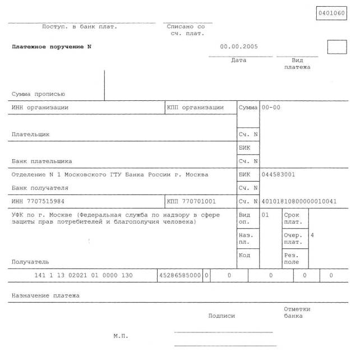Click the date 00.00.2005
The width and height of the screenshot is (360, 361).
pyautogui.click(x=239, y=47)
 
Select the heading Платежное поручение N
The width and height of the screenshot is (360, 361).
pyautogui.click(x=52, y=47)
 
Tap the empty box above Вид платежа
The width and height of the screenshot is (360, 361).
pyautogui.click(x=337, y=47)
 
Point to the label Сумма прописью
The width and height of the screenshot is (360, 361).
pyautogui.click(x=39, y=94)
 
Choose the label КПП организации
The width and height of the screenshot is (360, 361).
pyautogui.click(x=195, y=107)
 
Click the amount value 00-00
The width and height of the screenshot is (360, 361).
pyautogui.click(x=271, y=107)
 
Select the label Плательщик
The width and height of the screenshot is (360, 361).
pyautogui.click(x=31, y=135)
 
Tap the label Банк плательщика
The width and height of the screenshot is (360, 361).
pyautogui.click(x=42, y=161)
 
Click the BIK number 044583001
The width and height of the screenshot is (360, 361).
pyautogui.click(x=279, y=174)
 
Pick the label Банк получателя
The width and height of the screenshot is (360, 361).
pyautogui.click(x=40, y=188)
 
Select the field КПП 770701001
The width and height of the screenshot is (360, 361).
pyautogui.click(x=191, y=201)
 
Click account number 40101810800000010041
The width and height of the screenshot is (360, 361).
pyautogui.click(x=299, y=201)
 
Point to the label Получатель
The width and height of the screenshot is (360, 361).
pyautogui.click(x=30, y=262)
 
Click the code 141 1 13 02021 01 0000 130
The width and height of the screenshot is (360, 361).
pyautogui.click(x=84, y=275)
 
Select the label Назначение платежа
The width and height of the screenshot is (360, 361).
pyautogui.click(x=46, y=295)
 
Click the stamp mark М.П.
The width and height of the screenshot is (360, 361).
pyautogui.click(x=121, y=336)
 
